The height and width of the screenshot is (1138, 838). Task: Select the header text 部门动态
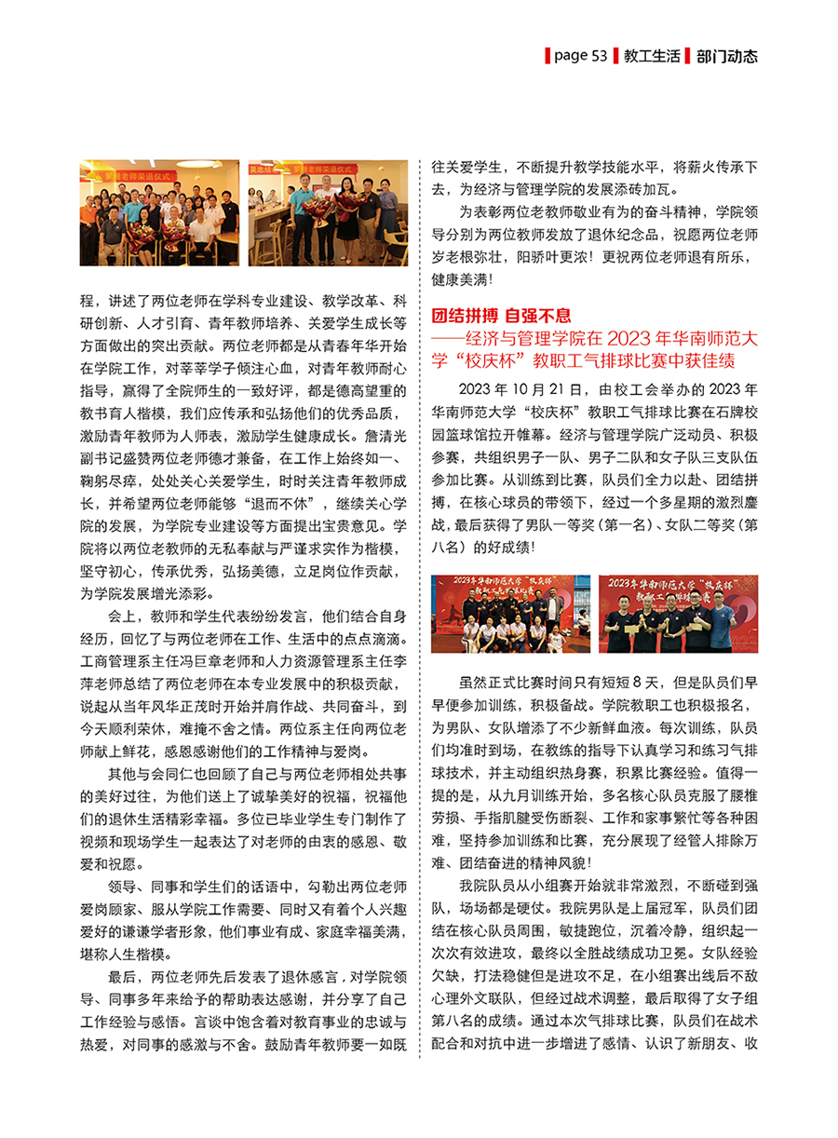pyautogui.click(x=726, y=56)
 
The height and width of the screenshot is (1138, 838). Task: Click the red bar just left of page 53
pyautogui.click(x=547, y=56)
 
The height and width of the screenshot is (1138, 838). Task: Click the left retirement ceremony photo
pyautogui.click(x=159, y=214)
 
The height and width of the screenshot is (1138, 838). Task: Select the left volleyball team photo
pyautogui.click(x=510, y=614)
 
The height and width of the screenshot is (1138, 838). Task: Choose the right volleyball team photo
pyautogui.click(x=678, y=614)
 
